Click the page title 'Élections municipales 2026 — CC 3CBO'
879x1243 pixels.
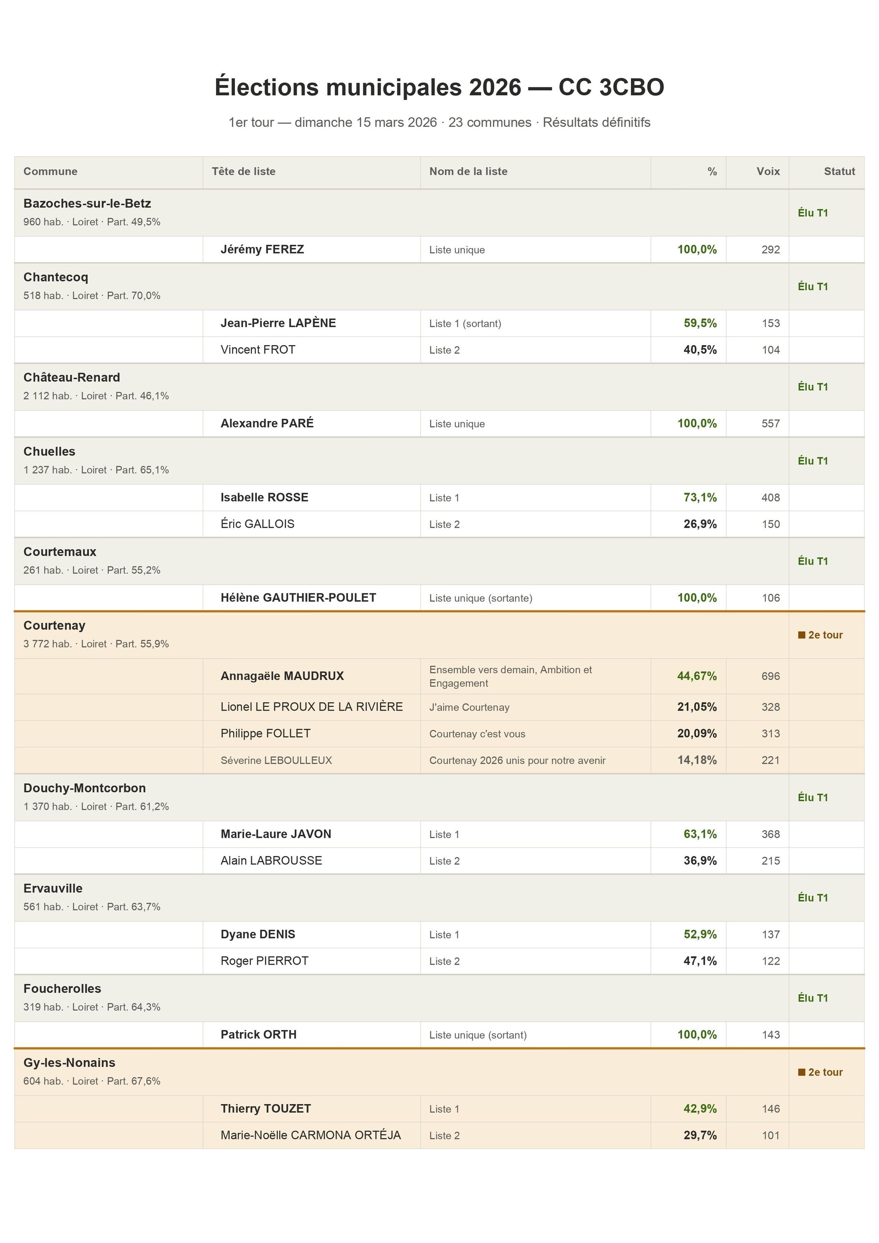coord(439,87)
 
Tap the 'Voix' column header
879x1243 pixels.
coord(768,172)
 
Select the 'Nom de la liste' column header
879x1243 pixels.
coord(468,172)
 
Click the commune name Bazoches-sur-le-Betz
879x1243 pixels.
coord(87,203)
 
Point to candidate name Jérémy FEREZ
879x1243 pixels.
coord(262,249)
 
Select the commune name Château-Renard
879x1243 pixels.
coord(71,377)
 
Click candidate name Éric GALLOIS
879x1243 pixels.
coord(257,524)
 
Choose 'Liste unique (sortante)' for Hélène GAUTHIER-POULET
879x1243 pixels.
coord(481,598)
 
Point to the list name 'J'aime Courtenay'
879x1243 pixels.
coord(469,707)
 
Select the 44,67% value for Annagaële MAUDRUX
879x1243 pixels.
coord(697,676)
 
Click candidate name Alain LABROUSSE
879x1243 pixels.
coord(271,861)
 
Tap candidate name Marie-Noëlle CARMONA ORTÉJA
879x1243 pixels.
coord(310,1135)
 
